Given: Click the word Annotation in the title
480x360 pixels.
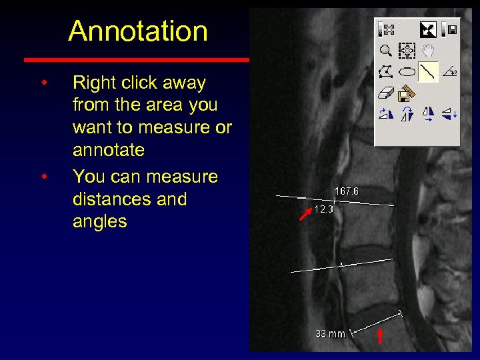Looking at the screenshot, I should tap(138, 31).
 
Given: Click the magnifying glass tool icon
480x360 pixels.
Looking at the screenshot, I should tap(385, 50).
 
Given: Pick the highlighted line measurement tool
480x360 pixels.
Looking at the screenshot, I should tap(428, 71).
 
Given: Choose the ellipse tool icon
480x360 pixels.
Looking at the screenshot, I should tap(407, 71).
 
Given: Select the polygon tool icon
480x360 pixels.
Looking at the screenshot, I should tap(385, 71).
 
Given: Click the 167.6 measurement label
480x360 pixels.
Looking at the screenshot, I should tap(346, 191).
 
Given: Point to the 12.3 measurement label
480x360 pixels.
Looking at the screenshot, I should tap(323, 209).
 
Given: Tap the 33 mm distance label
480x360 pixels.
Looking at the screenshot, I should tap(330, 333).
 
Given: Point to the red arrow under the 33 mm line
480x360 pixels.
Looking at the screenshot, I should tap(381, 335).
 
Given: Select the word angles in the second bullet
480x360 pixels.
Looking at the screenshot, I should tap(99, 221).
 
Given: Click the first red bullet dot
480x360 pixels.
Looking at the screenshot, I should tap(43, 83).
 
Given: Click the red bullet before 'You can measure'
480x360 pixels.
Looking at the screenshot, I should tap(43, 177).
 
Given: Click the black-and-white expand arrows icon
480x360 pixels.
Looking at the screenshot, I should tap(427, 29).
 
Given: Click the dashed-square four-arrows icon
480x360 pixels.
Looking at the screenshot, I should tap(407, 50).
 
